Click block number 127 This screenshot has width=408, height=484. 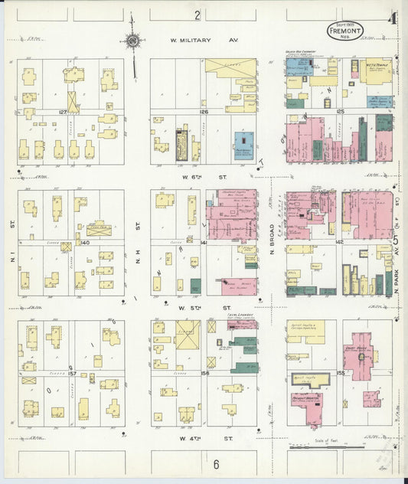64,112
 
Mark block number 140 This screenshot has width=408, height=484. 84,242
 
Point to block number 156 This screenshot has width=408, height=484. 204,374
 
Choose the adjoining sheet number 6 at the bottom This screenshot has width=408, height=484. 217,464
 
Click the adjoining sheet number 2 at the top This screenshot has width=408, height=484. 197,15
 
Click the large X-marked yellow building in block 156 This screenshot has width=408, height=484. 188,334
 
